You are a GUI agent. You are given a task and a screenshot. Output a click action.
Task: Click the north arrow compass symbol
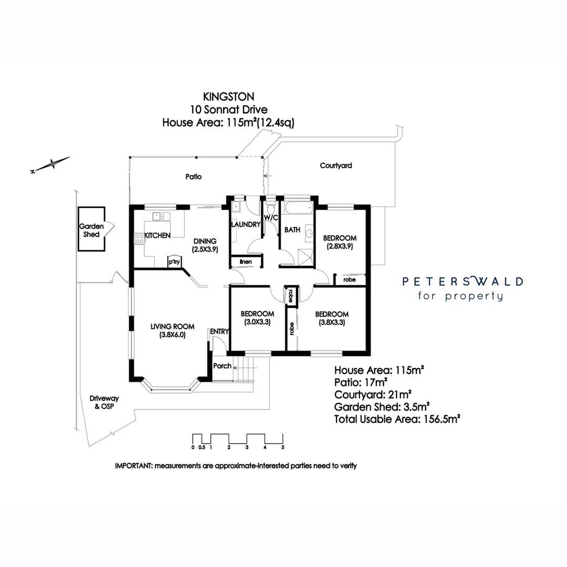[x=51, y=164]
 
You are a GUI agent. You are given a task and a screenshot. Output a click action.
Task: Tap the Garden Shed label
[x=91, y=230]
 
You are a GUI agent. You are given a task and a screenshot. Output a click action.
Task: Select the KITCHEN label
[x=157, y=236]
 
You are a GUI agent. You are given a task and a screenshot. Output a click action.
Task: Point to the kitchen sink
[x=159, y=216]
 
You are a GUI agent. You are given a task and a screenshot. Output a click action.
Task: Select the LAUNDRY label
[x=246, y=225]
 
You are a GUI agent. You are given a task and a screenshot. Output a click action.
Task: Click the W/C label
[x=270, y=217]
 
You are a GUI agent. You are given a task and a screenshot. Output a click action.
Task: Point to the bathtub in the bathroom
[x=298, y=208]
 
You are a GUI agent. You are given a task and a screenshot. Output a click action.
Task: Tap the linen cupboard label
[x=246, y=261]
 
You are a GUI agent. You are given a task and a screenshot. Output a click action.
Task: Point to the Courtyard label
[x=336, y=165]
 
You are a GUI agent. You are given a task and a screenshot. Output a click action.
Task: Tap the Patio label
[x=194, y=177]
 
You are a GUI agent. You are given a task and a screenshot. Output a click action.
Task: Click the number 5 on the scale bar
[x=283, y=448]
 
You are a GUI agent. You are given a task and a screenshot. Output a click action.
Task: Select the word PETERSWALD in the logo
[x=463, y=281]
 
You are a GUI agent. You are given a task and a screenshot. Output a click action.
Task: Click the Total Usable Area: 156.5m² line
[x=397, y=419]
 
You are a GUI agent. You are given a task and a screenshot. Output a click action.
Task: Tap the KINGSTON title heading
[x=228, y=97]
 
